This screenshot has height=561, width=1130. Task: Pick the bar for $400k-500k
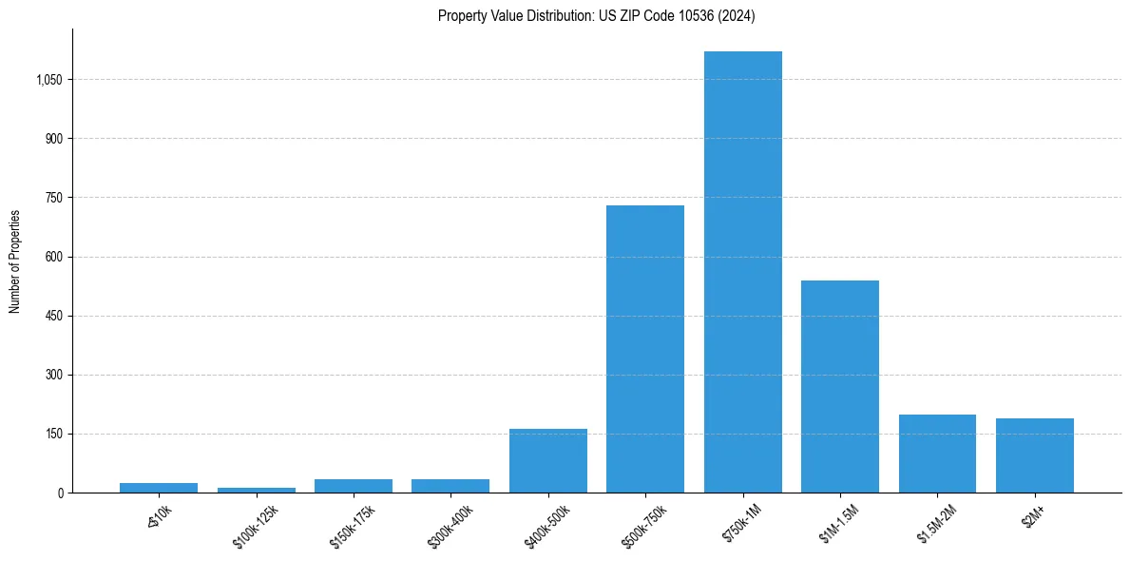[547, 461]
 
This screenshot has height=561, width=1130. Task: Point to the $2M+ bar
[1034, 455]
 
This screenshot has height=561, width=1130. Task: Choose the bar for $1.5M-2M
[937, 454]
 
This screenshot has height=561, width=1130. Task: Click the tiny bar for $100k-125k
[256, 490]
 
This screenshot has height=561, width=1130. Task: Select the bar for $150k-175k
[353, 486]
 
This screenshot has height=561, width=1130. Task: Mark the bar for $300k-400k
[450, 486]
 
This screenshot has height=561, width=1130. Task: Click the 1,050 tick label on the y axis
[48, 80]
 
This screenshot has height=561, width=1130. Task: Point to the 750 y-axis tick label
[53, 198]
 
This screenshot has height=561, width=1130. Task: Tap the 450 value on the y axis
[53, 316]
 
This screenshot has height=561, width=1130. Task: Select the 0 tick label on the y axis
[60, 493]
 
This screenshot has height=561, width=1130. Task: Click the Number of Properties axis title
[14, 261]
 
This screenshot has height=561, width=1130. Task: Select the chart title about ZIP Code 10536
[596, 16]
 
